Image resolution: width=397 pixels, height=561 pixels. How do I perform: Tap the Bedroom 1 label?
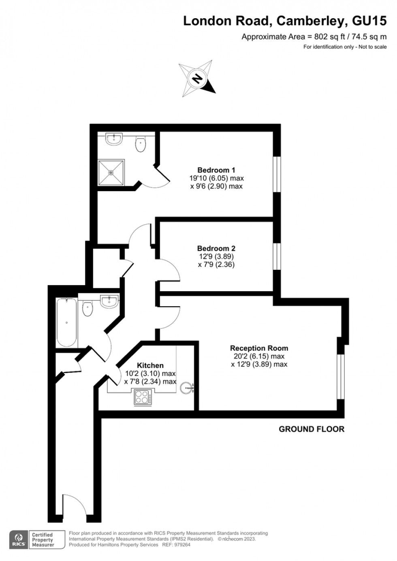tap(216, 170)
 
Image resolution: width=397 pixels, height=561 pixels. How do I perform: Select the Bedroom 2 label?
tap(216, 248)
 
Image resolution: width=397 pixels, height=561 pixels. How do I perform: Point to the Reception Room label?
tap(259, 348)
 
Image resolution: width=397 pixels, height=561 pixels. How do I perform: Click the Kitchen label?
tap(150, 365)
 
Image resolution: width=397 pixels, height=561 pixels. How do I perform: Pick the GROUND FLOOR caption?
tap(311, 429)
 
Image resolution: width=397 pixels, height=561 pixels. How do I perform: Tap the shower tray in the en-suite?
tap(111, 173)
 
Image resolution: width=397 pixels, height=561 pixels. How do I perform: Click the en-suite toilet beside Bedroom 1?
tap(141, 144)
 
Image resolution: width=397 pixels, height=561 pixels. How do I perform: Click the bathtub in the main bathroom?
tap(67, 322)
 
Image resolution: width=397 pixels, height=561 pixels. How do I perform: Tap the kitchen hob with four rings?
tap(143, 397)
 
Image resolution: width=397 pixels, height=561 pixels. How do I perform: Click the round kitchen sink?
tap(187, 388)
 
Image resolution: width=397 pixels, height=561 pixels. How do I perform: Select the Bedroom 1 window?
tap(277, 174)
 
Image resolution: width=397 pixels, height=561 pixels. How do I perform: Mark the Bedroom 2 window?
tap(277, 256)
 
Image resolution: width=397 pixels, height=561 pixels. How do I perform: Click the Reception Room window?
tap(340, 377)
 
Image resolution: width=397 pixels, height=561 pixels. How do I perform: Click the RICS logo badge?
tap(18, 540)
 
